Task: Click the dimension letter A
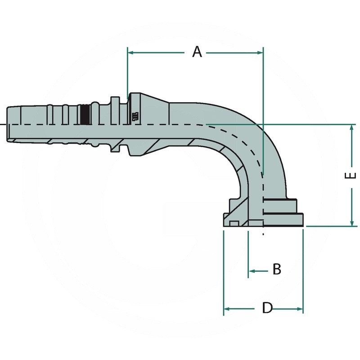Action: coord(197,52)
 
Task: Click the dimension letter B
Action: coord(277,270)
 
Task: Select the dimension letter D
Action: coord(267,308)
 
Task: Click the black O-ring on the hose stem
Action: coord(84,115)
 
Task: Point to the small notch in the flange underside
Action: coord(233,223)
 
